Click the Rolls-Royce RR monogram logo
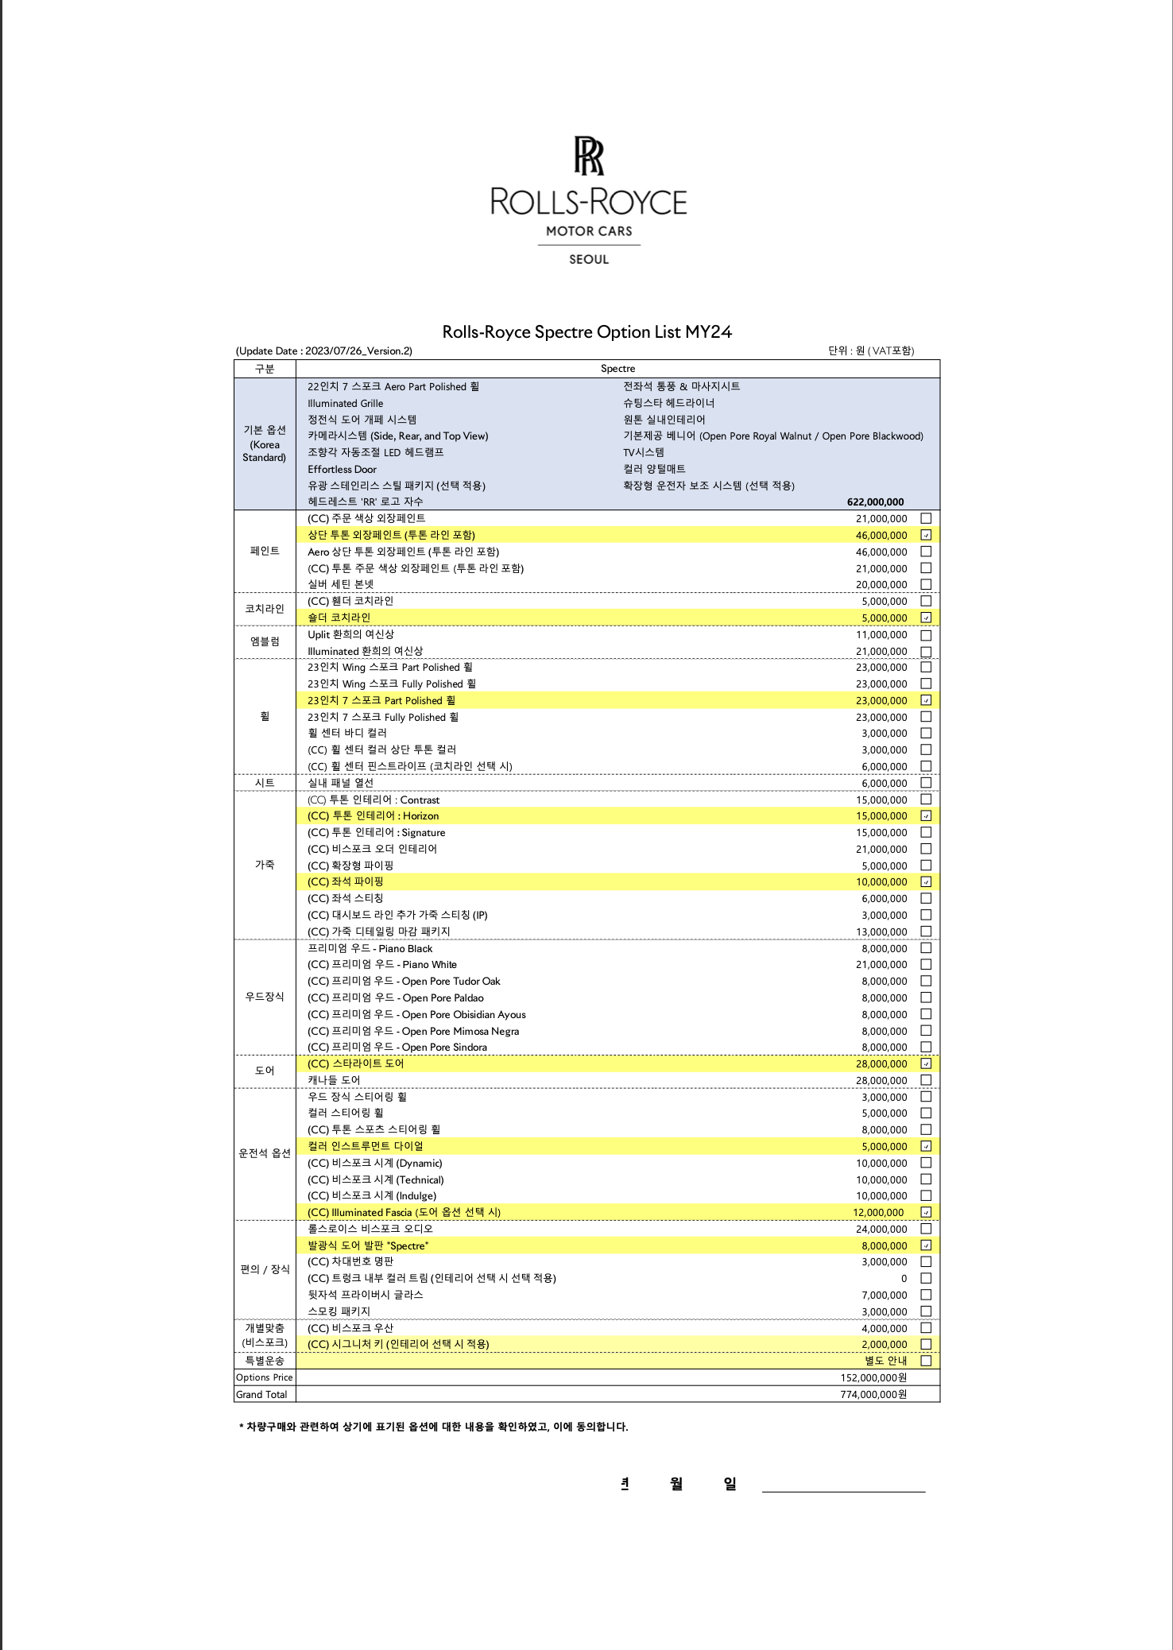pyautogui.click(x=589, y=156)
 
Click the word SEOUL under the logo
pyautogui.click(x=589, y=259)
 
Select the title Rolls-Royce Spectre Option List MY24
pyautogui.click(x=586, y=332)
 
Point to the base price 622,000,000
pyautogui.click(x=875, y=502)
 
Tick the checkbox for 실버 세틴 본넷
pyautogui.click(x=926, y=584)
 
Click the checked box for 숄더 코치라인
pyautogui.click(x=926, y=618)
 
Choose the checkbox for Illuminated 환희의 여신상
pyautogui.click(x=926, y=651)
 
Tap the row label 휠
pyautogui.click(x=265, y=717)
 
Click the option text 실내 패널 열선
pyautogui.click(x=340, y=783)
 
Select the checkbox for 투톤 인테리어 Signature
pyautogui.click(x=926, y=832)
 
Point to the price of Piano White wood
pyautogui.click(x=881, y=965)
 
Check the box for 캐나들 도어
pyautogui.click(x=926, y=1080)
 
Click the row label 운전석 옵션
pyautogui.click(x=265, y=1154)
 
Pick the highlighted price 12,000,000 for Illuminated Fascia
pyautogui.click(x=878, y=1213)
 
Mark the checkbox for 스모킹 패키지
pyautogui.click(x=926, y=1311)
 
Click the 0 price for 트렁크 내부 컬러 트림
pyautogui.click(x=904, y=1279)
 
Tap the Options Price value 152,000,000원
pyautogui.click(x=873, y=1377)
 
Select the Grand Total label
pyautogui.click(x=261, y=1394)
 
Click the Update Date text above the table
pyautogui.click(x=324, y=351)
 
